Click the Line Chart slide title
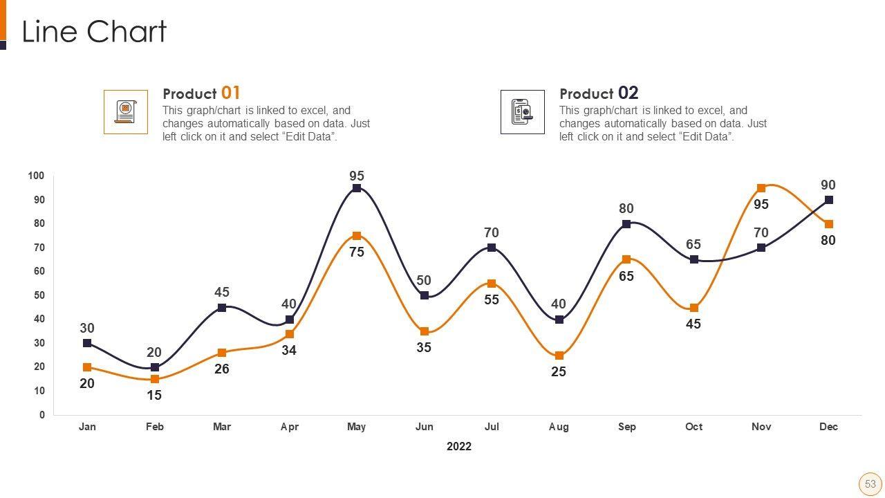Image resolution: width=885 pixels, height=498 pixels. [94, 32]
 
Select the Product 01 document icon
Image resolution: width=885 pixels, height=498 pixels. [126, 111]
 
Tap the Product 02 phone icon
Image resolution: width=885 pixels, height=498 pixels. [522, 111]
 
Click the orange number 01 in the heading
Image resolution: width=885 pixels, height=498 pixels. [231, 93]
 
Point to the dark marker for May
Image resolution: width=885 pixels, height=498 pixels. [357, 188]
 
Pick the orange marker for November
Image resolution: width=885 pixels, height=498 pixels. [761, 188]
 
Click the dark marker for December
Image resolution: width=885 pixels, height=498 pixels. [829, 200]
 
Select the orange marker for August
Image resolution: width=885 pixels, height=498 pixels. [559, 356]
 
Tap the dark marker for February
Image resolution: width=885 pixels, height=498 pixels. [155, 367]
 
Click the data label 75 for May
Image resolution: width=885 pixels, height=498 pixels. [357, 252]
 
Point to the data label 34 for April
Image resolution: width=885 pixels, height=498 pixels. [289, 351]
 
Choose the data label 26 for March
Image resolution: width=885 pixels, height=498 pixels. [222, 369]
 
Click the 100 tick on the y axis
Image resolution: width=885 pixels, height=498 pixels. [37, 176]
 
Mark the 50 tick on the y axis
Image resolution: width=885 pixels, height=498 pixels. [39, 295]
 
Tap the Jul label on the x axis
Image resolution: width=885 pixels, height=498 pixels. [492, 427]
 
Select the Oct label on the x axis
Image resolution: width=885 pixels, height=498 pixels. [693, 427]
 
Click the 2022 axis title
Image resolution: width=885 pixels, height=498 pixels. [459, 446]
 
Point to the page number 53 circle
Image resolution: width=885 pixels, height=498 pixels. [870, 484]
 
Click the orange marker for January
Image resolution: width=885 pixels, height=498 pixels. [87, 367]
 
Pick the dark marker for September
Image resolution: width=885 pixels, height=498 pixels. [626, 224]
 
